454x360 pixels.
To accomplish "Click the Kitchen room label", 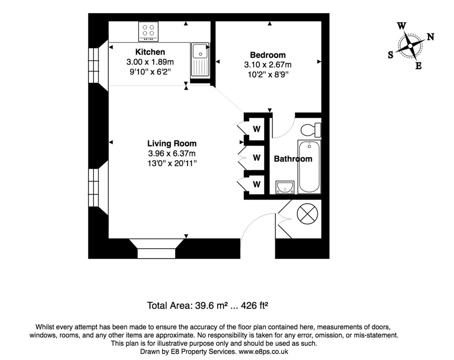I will click(150, 52).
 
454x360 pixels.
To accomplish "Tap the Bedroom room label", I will click(267, 55).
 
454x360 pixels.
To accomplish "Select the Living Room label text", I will click(172, 144).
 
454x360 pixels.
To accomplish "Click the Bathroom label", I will click(293, 159).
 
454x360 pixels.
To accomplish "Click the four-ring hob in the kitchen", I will click(148, 31).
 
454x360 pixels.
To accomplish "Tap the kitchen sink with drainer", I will click(200, 59).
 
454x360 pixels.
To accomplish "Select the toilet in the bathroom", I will click(311, 130).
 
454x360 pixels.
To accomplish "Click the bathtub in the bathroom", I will click(309, 167).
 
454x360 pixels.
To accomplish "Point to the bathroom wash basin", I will click(285, 187).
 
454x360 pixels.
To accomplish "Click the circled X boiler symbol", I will click(307, 214).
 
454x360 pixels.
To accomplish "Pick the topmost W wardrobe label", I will click(256, 129).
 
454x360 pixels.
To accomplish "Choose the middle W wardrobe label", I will click(256, 157).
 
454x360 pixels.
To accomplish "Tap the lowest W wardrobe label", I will click(256, 184).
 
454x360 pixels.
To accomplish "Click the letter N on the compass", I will click(430, 37).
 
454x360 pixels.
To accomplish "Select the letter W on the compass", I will click(402, 26).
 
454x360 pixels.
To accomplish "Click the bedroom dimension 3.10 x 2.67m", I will click(267, 65).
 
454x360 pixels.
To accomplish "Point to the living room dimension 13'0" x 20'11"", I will click(172, 163).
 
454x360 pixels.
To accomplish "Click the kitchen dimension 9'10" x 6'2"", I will click(150, 72).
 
